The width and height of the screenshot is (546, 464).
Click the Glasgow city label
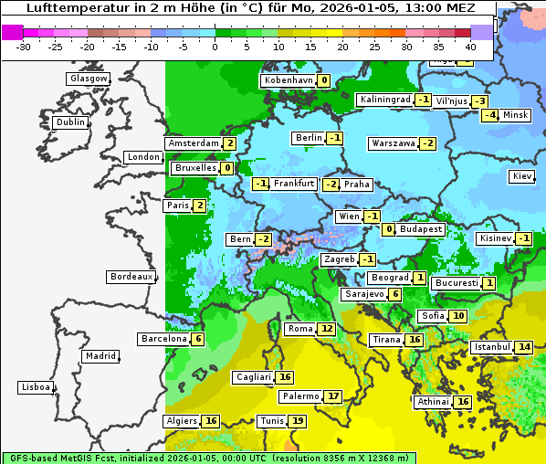[x=88, y=79]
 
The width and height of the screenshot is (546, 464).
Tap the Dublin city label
[x=69, y=122]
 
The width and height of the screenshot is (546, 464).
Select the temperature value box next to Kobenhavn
[x=323, y=80]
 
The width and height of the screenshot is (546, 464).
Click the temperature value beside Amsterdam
[x=230, y=143]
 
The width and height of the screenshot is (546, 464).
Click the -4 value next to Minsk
[x=489, y=115]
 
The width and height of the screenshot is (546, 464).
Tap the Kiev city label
[x=522, y=176]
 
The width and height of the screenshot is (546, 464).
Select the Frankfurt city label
[x=294, y=184]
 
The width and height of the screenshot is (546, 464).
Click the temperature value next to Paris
[x=199, y=206]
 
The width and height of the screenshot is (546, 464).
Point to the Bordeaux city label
[x=131, y=277]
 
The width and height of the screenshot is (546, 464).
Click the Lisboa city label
[x=35, y=387]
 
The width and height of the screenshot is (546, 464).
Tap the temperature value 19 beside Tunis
[x=298, y=421]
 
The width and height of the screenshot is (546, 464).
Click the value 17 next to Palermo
[x=333, y=396]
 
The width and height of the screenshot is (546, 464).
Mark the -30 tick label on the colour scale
[x=24, y=46]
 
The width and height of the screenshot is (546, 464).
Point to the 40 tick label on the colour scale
[x=470, y=46]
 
